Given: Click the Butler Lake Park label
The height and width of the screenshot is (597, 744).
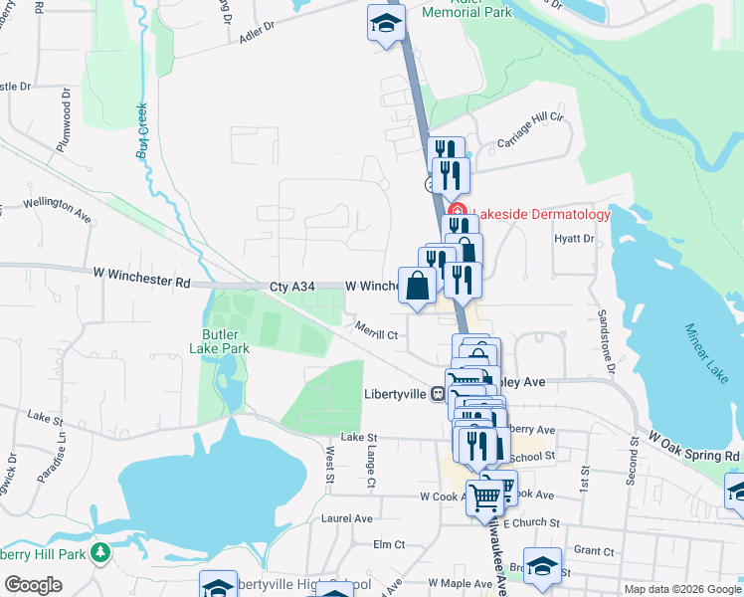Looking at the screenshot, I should coord(219,341).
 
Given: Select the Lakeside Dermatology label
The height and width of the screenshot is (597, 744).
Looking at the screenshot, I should coord(540,213).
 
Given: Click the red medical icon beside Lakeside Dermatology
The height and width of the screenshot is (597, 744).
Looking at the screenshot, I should coord(457,212).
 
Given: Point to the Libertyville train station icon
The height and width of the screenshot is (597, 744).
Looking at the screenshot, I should coord(437,394).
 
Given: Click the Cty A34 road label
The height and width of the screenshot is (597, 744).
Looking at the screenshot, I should coord(291,287).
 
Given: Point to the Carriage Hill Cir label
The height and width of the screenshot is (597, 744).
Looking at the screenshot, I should coord(530,130).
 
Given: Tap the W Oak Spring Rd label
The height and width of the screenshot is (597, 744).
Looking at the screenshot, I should coord(694,446).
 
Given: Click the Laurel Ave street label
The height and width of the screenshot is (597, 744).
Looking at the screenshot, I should coord(346,518).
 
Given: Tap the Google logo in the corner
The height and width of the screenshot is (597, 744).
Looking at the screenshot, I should coord(33,585).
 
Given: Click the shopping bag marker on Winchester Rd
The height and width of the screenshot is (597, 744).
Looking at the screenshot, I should coord(419,285).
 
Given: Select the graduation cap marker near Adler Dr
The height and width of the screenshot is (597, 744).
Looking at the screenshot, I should coord(384,24).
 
